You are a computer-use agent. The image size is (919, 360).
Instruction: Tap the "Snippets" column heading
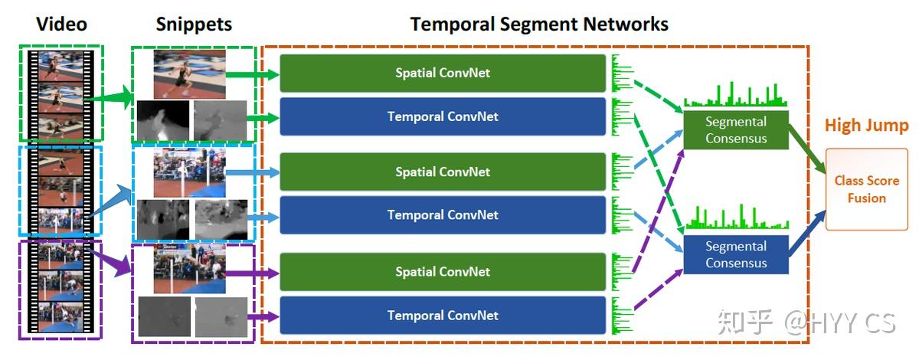[x=194, y=24]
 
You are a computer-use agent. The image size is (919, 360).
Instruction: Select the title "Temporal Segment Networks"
[x=539, y=24]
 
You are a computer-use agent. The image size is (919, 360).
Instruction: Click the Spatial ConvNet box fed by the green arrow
[x=443, y=74]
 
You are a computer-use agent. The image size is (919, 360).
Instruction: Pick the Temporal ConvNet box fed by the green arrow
[x=443, y=116]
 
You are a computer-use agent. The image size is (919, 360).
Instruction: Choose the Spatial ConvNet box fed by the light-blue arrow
[x=443, y=172]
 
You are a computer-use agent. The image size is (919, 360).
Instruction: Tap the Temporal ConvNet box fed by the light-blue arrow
[x=443, y=215]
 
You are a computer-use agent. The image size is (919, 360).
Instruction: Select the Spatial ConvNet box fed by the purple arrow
[x=443, y=272]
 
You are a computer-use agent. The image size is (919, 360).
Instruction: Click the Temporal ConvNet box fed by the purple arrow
[x=443, y=316]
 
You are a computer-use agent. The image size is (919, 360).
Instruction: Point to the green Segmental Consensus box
[x=735, y=129]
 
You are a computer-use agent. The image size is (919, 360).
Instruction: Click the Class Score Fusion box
[x=866, y=189]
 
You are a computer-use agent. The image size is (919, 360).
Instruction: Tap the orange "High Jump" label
[x=866, y=126]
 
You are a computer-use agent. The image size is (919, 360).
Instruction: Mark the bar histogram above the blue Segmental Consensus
[x=735, y=219]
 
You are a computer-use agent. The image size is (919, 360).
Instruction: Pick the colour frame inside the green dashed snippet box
[x=189, y=74]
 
